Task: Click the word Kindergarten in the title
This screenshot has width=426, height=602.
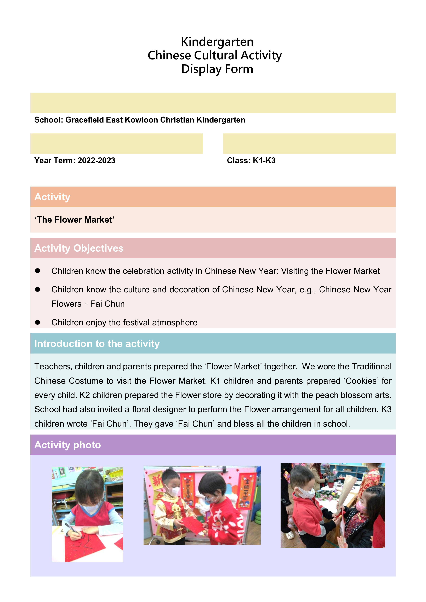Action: coord(217,42)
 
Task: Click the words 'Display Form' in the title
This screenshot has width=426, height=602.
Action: coord(217,69)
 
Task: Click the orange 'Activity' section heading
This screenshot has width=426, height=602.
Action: coord(53,197)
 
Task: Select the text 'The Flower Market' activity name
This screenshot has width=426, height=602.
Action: coord(74,220)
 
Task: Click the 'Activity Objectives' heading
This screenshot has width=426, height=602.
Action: coord(79,248)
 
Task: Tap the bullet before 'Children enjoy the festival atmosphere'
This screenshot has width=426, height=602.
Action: coord(37,322)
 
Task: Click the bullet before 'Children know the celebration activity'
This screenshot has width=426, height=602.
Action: coord(37,271)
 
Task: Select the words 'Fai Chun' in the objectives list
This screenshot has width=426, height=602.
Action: coord(107,304)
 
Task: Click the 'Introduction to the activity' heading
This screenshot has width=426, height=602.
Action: coord(97,344)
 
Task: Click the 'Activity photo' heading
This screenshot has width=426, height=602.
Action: coord(67,445)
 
